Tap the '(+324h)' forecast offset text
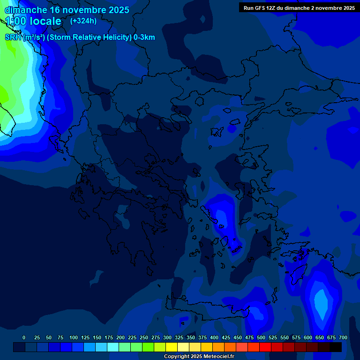[83, 21]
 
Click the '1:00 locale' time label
[33, 21]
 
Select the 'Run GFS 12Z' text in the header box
[260, 8]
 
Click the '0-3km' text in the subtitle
[144, 37]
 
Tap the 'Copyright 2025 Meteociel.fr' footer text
[199, 356]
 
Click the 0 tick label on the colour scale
[24, 337]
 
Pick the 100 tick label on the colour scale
[74, 337]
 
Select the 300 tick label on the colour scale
[167, 337]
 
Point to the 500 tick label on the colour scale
[261, 337]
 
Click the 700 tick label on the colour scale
[343, 337]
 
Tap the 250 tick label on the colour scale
[144, 337]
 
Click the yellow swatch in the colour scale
[172, 347]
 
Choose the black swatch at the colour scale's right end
[336, 347]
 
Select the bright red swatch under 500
[265, 347]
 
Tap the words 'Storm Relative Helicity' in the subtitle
[89, 37]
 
